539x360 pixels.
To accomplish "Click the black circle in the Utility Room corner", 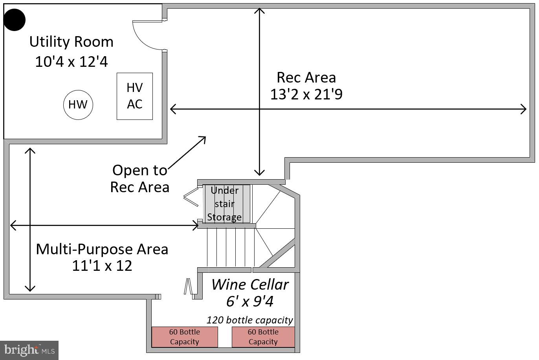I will click(15, 20).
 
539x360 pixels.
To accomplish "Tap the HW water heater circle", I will click(78, 105).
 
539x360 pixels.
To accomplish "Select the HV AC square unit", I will click(135, 96).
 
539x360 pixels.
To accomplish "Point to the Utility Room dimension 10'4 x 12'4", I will click(71, 62).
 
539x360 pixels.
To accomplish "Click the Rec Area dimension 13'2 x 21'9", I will click(306, 94).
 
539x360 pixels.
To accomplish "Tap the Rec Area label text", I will click(306, 77).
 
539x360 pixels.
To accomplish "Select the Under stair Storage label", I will click(224, 204).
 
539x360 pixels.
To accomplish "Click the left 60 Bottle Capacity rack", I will click(185, 337).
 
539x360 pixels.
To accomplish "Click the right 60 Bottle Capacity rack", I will click(263, 337).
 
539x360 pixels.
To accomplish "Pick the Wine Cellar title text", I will click(250, 284).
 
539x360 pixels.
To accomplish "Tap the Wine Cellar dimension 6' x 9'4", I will click(250, 301).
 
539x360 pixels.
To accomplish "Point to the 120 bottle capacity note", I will click(250, 320).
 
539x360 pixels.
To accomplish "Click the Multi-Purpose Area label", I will click(102, 249).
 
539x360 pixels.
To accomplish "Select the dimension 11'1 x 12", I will click(102, 266).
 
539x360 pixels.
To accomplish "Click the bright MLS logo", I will click(29, 350).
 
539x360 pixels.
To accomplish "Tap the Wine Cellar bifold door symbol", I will click(188, 286).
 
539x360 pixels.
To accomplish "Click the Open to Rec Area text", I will click(139, 178).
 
